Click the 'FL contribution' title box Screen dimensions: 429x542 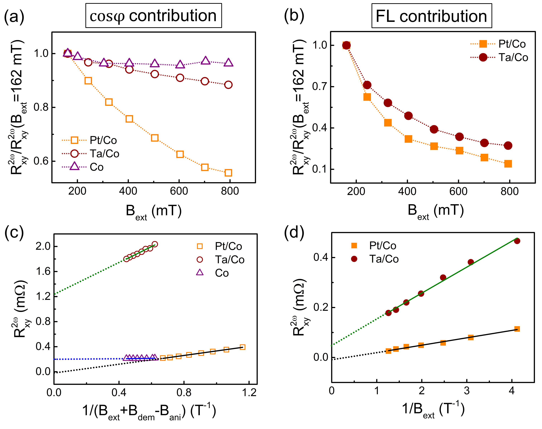[431, 16]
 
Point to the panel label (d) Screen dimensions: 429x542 [294, 233]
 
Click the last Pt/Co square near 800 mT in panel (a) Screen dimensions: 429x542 [228, 173]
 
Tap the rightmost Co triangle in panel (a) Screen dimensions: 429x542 [228, 63]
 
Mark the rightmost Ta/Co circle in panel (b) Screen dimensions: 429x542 [508, 146]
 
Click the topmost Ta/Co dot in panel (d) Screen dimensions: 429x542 [517, 241]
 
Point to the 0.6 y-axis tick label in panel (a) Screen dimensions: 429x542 [41, 161]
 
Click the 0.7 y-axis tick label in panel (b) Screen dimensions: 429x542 [319, 87]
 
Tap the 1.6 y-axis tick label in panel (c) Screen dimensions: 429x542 [43, 271]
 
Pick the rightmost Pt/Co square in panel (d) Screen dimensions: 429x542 [517, 329]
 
